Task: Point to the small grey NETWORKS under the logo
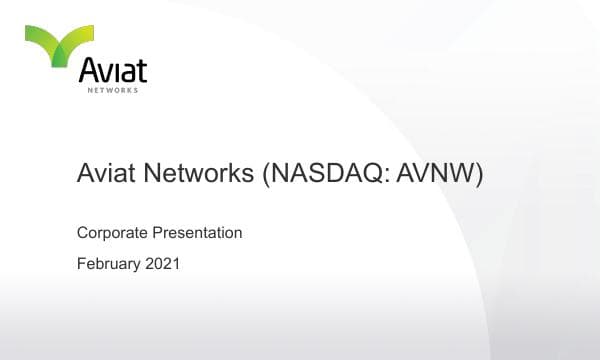(114, 90)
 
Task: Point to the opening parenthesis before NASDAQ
(267, 175)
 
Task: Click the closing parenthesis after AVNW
(480, 175)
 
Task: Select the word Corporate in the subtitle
(112, 233)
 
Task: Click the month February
(109, 265)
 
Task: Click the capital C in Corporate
(82, 233)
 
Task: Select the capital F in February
(81, 265)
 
